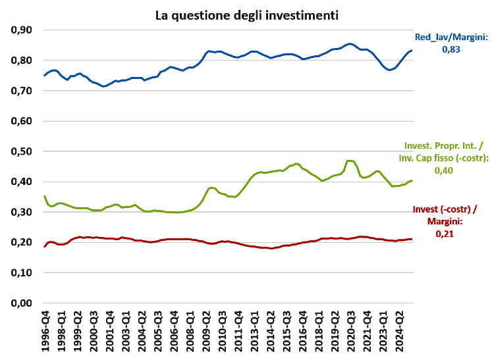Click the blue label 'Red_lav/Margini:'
point(451,38)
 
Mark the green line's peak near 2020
point(350,161)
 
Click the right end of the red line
point(412,239)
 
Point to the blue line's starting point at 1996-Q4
point(45,76)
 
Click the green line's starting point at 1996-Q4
point(45,195)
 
